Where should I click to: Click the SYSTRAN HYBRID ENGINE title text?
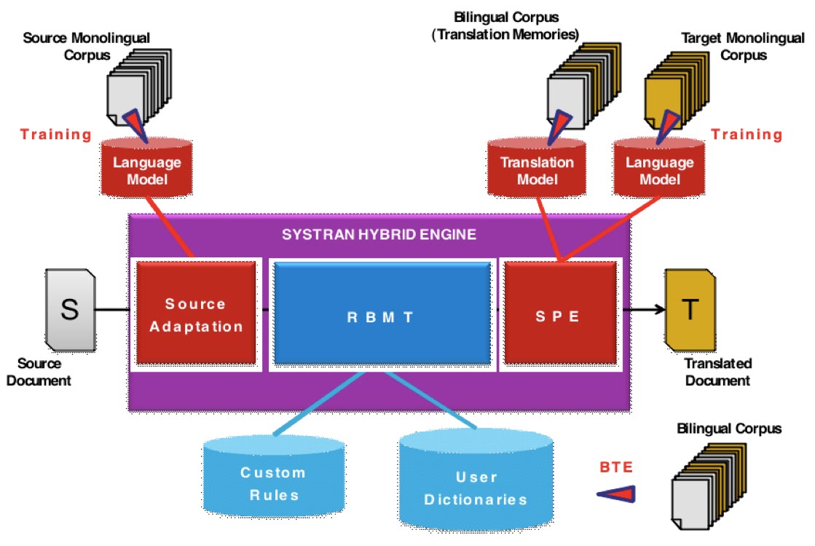[x=379, y=235]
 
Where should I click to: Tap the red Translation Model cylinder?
[x=537, y=169]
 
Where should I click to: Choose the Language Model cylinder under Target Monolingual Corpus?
[x=659, y=169]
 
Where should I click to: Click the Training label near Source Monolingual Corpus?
[x=56, y=134]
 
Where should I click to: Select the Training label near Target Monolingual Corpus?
[x=747, y=134]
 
